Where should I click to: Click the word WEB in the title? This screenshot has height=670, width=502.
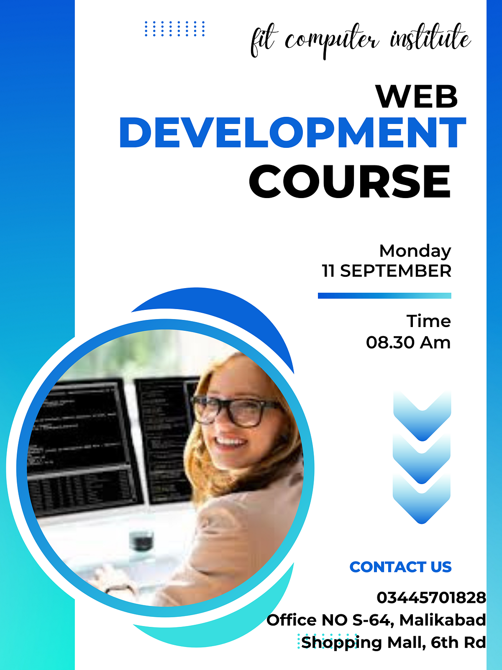[417, 97]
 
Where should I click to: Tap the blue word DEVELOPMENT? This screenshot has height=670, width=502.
[292, 133]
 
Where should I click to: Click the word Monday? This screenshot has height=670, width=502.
[415, 251]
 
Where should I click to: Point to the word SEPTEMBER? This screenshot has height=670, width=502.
[395, 271]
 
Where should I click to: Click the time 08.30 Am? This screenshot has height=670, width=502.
[408, 343]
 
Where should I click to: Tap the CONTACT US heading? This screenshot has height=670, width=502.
[400, 567]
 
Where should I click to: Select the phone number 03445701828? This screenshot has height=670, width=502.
[431, 598]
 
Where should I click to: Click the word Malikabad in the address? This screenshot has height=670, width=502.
[443, 620]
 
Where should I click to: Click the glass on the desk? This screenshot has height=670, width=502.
[141, 540]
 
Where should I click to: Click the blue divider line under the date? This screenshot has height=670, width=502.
[384, 296]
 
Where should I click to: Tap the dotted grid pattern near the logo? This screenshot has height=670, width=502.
[174, 29]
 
